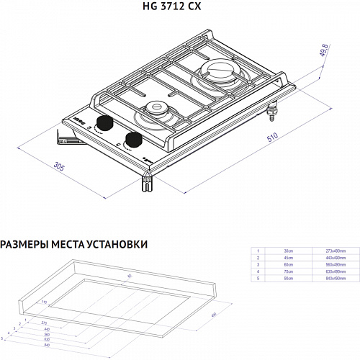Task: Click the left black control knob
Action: pos(107,124)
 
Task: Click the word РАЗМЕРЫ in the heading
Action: pos(22,245)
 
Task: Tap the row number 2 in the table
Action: pos(256,256)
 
